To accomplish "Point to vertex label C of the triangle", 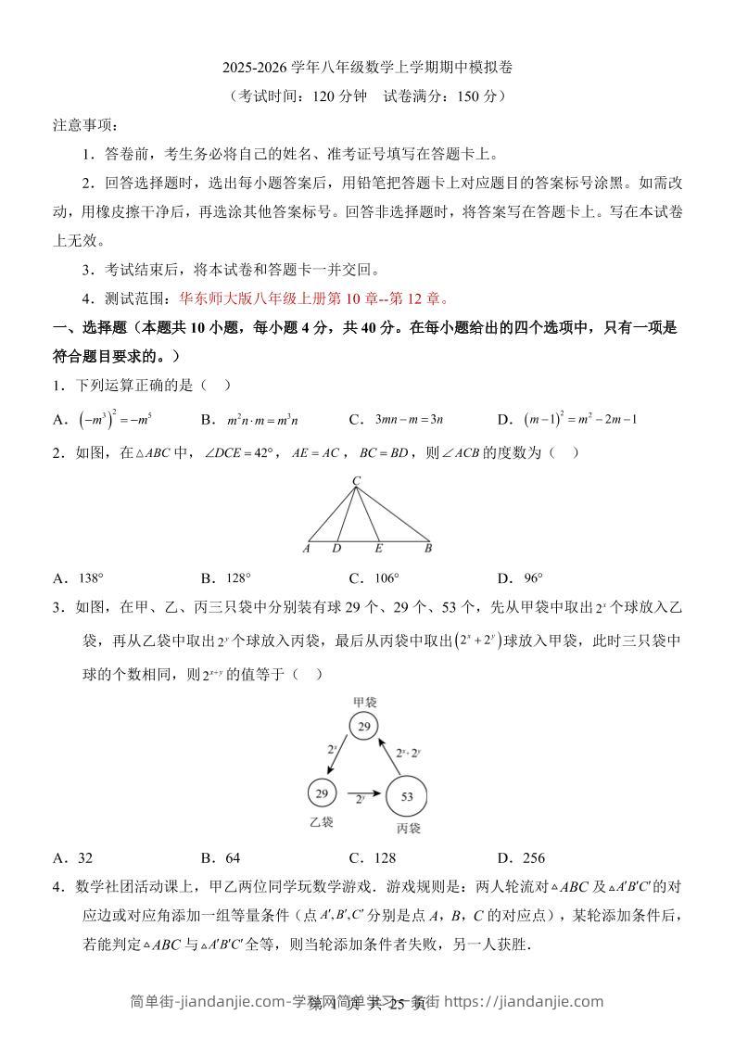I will (355, 480).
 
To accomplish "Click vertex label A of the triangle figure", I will (306, 549).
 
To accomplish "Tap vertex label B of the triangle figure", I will (428, 549).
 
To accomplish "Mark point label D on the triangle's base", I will (336, 549).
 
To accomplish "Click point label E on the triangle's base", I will (378, 549).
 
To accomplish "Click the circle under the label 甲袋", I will (364, 727).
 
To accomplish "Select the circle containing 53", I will (406, 795).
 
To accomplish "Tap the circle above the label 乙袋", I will (322, 793).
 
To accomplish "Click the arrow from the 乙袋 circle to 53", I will (362, 793).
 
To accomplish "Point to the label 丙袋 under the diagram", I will (408, 827).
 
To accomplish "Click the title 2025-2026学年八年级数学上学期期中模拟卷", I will (367, 68).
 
